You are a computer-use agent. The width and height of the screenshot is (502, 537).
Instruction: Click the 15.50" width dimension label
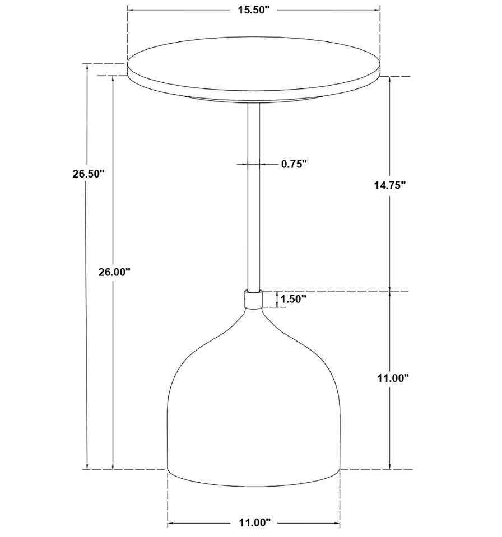[x=253, y=10]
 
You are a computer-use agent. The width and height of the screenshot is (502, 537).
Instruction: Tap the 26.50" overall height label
[x=89, y=174]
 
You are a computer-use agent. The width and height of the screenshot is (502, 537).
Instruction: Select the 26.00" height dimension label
[x=113, y=272]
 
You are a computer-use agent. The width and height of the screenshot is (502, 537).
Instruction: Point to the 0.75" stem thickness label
[x=294, y=164]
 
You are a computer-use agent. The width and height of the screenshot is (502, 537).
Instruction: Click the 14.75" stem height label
[x=390, y=185]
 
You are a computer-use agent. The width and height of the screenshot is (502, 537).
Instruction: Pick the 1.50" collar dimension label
[x=293, y=299]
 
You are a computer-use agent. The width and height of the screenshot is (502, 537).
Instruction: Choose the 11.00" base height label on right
[x=392, y=378]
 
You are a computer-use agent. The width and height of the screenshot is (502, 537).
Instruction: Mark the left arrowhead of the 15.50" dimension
[x=131, y=10]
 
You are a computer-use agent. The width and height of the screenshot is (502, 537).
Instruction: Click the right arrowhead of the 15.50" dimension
[x=378, y=10]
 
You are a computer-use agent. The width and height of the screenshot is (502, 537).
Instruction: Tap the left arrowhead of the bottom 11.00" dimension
[x=171, y=523]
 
